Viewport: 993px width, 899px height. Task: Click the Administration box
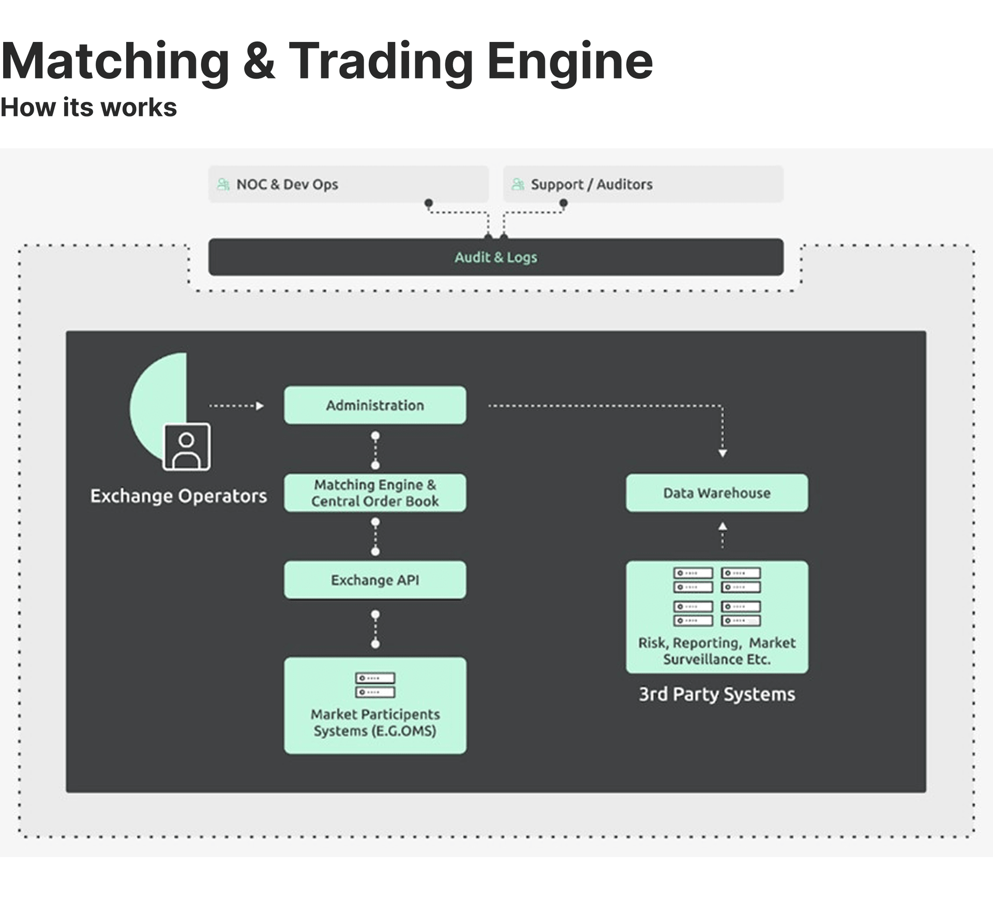(x=375, y=405)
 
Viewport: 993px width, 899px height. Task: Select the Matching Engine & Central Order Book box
(x=375, y=492)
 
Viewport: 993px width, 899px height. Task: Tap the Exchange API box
(x=375, y=580)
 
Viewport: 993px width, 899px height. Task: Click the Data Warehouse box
(x=717, y=492)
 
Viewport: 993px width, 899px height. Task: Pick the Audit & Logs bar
(x=495, y=257)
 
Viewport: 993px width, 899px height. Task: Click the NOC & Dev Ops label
(x=287, y=184)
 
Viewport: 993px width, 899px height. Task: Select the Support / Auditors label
(x=591, y=184)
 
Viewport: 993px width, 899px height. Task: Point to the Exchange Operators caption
(x=178, y=496)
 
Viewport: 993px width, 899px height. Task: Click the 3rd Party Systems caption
(x=717, y=694)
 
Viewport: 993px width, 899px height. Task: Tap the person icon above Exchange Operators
(x=187, y=447)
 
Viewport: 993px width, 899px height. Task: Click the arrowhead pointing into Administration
(x=260, y=406)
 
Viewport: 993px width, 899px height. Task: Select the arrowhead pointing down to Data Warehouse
(x=723, y=453)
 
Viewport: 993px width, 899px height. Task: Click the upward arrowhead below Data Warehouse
(x=723, y=527)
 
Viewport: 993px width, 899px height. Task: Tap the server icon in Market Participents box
(x=375, y=685)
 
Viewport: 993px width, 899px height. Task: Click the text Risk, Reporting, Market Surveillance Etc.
(x=717, y=651)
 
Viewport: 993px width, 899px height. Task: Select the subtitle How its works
(x=88, y=108)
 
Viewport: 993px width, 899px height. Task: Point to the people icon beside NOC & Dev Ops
(x=223, y=184)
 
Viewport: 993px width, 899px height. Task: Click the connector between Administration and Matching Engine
(x=375, y=450)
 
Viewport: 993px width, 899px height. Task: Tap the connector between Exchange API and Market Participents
(x=375, y=629)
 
